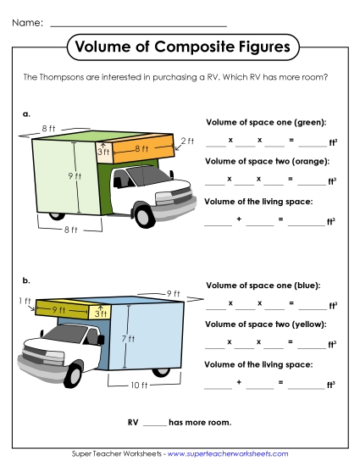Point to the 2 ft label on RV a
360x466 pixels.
click(x=187, y=141)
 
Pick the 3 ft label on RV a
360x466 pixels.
click(x=105, y=153)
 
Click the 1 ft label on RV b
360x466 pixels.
click(x=25, y=301)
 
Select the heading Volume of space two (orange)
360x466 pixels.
click(x=267, y=161)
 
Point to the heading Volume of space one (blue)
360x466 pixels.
click(x=263, y=285)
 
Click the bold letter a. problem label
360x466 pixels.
click(x=27, y=112)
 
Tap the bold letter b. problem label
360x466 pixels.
click(x=27, y=279)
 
